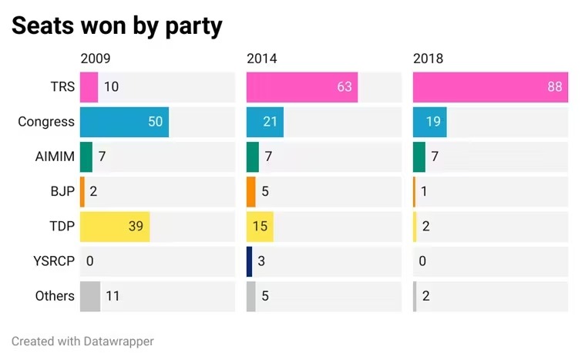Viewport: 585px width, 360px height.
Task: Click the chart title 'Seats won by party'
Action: [116, 26]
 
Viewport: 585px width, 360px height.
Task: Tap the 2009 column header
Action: [96, 59]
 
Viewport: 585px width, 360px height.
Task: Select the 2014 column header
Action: [262, 59]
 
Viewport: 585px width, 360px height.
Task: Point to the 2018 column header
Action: [429, 59]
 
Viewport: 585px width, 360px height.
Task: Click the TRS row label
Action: [62, 87]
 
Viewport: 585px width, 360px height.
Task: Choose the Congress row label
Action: [46, 122]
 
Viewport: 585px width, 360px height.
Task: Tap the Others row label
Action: [55, 296]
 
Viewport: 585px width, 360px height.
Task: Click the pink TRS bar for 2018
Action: [490, 87]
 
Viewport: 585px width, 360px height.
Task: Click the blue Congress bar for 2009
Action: [124, 122]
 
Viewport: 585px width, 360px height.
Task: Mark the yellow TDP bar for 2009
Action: [115, 227]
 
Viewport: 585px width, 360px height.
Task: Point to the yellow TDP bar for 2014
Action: [260, 227]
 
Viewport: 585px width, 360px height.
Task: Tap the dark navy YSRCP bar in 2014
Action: [250, 261]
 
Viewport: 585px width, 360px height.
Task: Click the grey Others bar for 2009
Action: [90, 296]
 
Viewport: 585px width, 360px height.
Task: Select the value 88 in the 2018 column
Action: [555, 87]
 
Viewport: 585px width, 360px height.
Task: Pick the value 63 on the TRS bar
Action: [345, 87]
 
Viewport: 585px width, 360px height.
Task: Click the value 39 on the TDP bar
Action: [136, 227]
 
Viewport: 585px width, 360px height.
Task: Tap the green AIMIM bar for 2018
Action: [419, 157]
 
